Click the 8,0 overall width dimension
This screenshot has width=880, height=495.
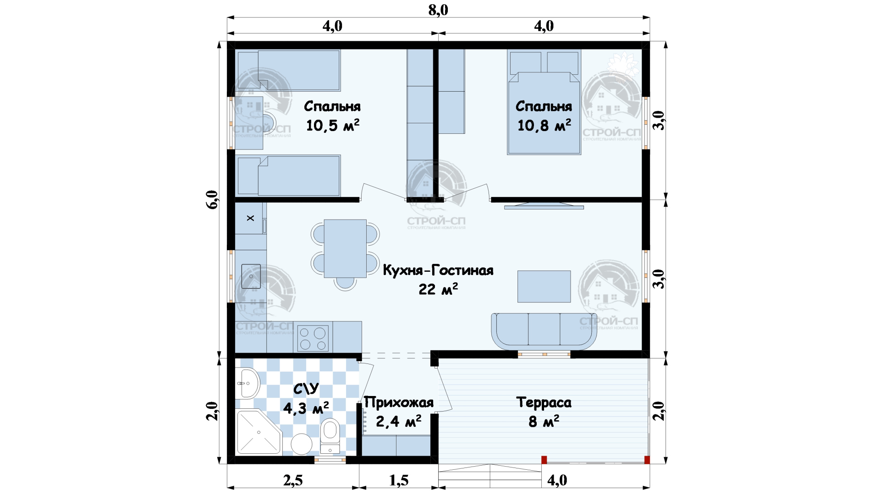(438, 10)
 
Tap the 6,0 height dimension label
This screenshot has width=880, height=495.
(212, 199)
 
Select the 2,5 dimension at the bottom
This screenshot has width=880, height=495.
(293, 480)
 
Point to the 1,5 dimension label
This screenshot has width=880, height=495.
(399, 480)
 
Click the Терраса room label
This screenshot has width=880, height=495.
(544, 402)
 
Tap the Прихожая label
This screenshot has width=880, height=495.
(399, 402)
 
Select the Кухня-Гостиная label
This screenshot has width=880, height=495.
(438, 270)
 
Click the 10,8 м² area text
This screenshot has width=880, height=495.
(544, 125)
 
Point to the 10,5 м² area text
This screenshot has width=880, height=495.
(333, 125)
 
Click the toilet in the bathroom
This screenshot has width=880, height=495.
(330, 436)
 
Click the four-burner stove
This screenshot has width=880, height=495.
(313, 338)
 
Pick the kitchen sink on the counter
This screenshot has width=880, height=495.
(251, 276)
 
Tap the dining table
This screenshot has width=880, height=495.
(345, 248)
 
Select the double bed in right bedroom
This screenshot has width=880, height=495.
(544, 102)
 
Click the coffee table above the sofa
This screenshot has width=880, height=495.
(544, 286)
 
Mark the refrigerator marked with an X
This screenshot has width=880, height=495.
(250, 218)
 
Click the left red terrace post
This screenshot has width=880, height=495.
(544, 460)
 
